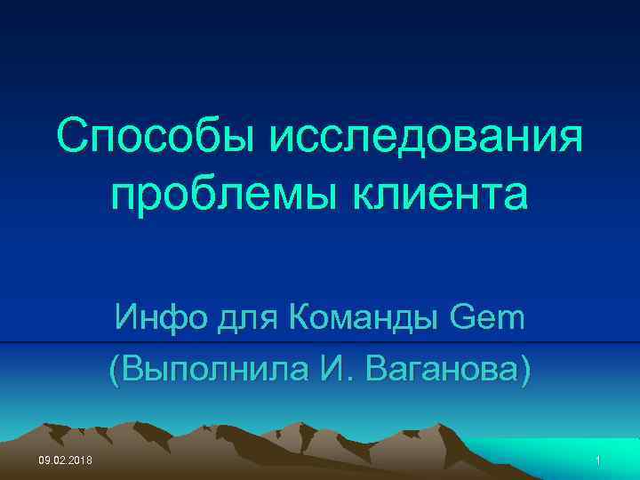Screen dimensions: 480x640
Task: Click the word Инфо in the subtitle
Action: click(x=156, y=317)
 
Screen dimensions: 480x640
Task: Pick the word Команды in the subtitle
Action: click(x=354, y=317)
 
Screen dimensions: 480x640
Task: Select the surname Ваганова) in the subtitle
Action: click(x=444, y=367)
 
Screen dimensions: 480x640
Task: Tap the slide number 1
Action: click(x=599, y=460)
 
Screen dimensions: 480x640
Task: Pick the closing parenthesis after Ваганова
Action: click(x=524, y=368)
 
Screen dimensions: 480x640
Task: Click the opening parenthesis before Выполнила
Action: click(x=115, y=368)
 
